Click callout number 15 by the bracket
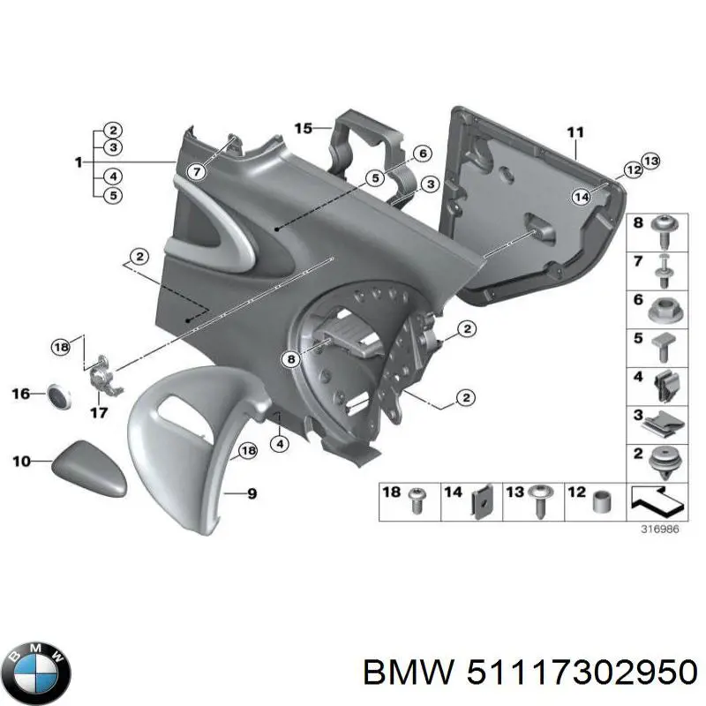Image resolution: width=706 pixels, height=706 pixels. click(303, 129)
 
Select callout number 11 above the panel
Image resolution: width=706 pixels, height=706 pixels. click(575, 133)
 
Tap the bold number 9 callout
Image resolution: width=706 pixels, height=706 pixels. click(252, 494)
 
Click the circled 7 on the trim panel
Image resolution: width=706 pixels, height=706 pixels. click(196, 171)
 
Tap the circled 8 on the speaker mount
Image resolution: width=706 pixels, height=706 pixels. click(290, 358)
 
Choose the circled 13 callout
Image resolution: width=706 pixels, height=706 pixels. click(650, 161)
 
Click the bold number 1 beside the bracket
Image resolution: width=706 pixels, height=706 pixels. click(79, 162)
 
